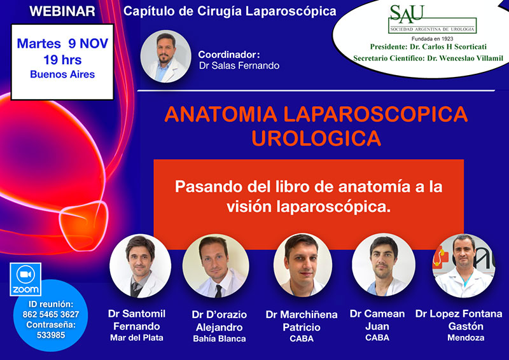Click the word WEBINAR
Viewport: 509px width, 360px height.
pyautogui.click(x=62, y=11)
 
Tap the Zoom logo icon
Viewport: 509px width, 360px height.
pyautogui.click(x=25, y=279)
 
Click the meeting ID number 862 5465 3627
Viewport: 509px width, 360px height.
pyautogui.click(x=51, y=314)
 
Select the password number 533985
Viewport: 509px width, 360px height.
pyautogui.click(x=51, y=335)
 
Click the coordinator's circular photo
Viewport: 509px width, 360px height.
pyautogui.click(x=165, y=57)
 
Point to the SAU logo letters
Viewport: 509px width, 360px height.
pyautogui.click(x=407, y=14)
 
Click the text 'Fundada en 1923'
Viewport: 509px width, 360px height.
pyautogui.click(x=432, y=39)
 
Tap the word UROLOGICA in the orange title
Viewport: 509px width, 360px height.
pyautogui.click(x=316, y=138)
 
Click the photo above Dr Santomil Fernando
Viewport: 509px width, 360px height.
pyautogui.click(x=140, y=266)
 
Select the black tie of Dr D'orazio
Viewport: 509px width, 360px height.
pyautogui.click(x=219, y=291)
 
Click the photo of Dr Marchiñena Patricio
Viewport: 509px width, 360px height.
pyautogui.click(x=303, y=265)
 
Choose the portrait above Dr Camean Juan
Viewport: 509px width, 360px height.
pyautogui.click(x=384, y=265)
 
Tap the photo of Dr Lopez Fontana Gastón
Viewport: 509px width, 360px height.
pyautogui.click(x=464, y=265)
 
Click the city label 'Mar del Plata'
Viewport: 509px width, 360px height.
pyautogui.click(x=137, y=338)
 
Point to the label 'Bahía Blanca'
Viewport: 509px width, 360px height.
pyautogui.click(x=220, y=338)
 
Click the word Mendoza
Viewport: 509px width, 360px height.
pyautogui.click(x=466, y=338)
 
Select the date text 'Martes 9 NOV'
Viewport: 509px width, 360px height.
pyautogui.click(x=62, y=43)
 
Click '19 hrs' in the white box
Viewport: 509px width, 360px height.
pyautogui.click(x=62, y=60)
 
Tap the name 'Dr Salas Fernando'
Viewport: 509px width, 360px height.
pyautogui.click(x=239, y=66)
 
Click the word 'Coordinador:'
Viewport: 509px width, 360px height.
pyautogui.click(x=229, y=55)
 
